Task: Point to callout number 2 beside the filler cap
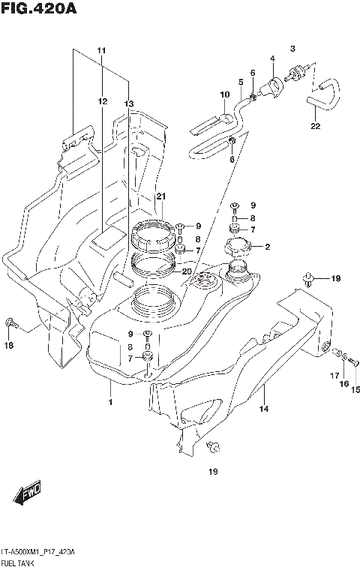268,247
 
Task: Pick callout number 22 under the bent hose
315,126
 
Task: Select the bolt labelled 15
354,364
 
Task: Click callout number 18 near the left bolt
9,345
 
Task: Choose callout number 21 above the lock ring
160,196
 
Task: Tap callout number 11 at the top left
102,50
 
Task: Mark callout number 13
128,103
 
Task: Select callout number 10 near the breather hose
224,94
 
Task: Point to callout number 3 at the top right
293,48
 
